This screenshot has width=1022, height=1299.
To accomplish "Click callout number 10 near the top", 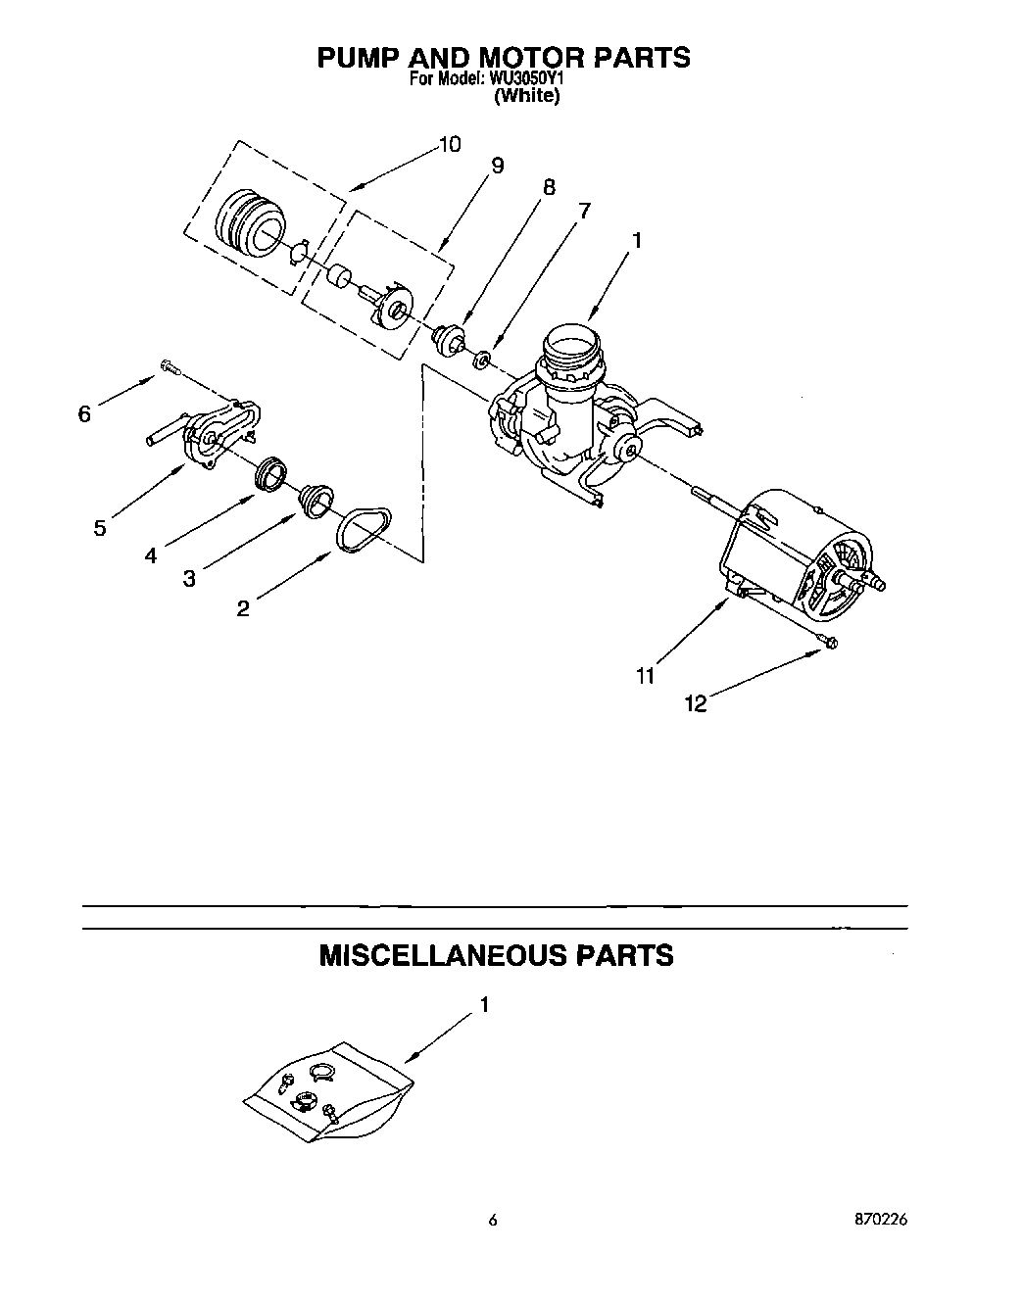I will tap(448, 145).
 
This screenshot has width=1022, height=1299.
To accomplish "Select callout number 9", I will tap(497, 166).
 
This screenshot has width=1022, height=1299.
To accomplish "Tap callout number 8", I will tap(548, 187).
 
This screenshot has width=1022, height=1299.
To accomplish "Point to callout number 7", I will tap(584, 210).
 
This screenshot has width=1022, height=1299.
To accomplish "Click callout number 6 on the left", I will tap(84, 414).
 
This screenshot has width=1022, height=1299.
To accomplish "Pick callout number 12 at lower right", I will tap(695, 703).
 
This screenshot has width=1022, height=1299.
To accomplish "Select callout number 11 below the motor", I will tap(645, 676).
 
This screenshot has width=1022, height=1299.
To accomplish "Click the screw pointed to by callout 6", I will tap(168, 368).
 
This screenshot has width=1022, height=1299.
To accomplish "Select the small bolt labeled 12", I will tap(826, 643).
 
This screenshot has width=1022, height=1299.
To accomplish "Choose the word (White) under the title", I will tap(526, 96).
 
